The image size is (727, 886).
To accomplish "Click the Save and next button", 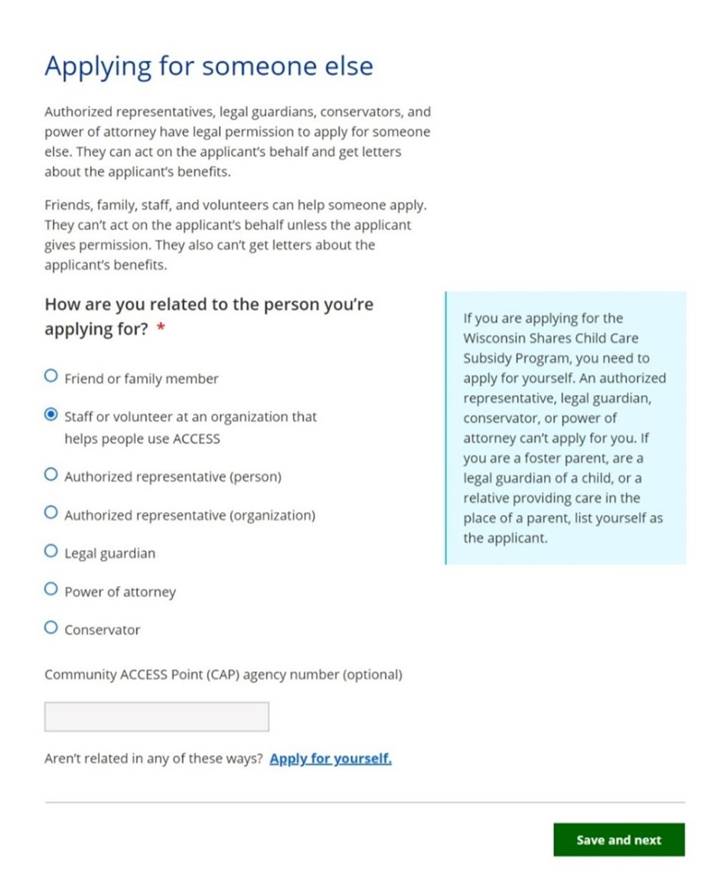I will point(618,839).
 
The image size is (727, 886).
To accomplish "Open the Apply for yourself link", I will point(331,759).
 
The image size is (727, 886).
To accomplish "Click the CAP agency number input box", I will point(157,717).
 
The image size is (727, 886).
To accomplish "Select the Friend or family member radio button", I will point(51,376).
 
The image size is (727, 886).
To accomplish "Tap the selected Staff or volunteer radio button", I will point(51,415).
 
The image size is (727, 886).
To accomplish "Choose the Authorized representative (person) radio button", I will point(51,475).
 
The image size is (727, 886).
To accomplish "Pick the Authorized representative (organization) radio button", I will point(51,513).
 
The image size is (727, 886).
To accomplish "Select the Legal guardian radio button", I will point(51,552).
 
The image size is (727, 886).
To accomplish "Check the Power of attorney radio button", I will point(51,590).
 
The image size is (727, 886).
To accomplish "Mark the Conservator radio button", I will point(51,628).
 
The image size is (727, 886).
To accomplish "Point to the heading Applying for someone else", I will point(208,66).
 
